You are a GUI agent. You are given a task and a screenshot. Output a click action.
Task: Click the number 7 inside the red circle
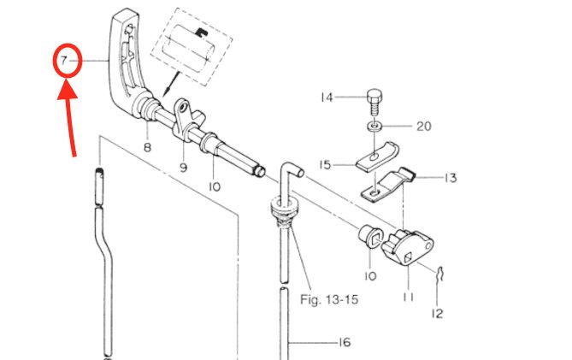point(63,62)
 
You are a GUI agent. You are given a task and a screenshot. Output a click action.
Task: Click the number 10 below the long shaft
point(214,186)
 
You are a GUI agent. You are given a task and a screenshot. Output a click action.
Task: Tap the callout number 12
point(437,313)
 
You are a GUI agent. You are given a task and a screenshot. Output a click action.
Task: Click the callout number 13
point(451,178)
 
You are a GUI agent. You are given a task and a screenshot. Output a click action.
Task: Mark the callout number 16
point(345,343)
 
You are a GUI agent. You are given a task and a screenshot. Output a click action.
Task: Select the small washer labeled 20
point(374,127)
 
